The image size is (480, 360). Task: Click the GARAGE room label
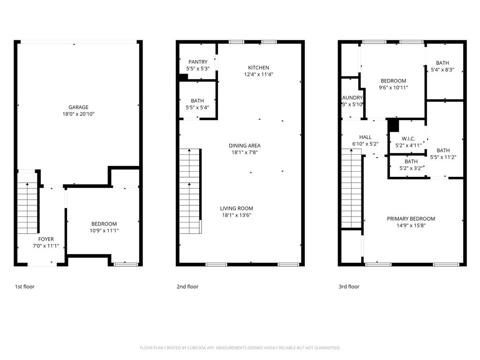click(78, 107)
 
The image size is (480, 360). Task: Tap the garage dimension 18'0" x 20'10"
click(78, 114)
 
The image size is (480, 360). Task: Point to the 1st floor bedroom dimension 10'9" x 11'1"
click(104, 230)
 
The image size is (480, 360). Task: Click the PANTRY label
click(198, 62)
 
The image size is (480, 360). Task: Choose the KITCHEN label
click(259, 67)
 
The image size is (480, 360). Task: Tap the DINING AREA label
click(245, 146)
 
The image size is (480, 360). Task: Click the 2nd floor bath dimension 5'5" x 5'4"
click(197, 107)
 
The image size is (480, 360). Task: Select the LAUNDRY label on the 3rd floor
click(352, 97)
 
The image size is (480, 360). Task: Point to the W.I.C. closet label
click(409, 139)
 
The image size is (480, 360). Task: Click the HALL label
click(366, 137)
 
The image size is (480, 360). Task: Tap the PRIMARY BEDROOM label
click(411, 218)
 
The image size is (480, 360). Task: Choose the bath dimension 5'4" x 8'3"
click(442, 69)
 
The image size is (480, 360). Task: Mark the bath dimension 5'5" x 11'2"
click(443, 157)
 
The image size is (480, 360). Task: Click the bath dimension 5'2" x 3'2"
click(411, 168)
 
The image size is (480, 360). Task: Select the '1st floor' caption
click(25, 286)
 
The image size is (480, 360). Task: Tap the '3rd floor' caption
click(350, 286)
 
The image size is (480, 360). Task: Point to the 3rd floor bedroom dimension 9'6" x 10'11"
click(393, 87)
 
